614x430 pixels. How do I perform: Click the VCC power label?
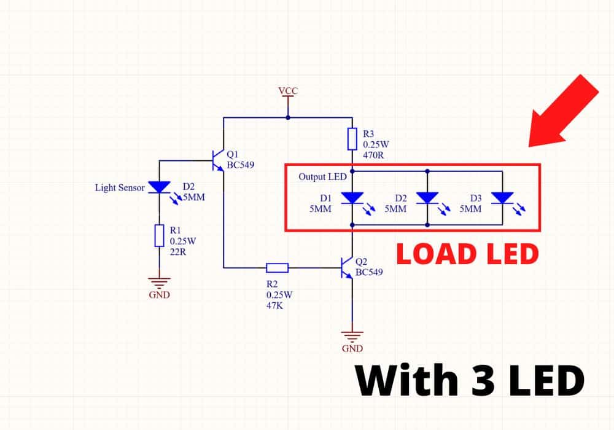[288, 91]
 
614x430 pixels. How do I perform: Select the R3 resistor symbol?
[352, 139]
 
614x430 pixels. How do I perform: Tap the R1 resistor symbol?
[159, 236]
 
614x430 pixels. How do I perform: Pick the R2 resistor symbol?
[277, 267]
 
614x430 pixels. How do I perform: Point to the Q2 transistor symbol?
[348, 267]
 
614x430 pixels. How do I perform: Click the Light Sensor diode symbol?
[159, 187]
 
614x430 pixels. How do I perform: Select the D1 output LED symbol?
[352, 198]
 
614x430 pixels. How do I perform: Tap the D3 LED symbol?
[503, 198]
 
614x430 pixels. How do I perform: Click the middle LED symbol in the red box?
[427, 198]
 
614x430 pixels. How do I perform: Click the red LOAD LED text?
[467, 253]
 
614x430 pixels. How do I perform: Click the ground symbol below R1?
[159, 283]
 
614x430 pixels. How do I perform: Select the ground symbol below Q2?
[352, 337]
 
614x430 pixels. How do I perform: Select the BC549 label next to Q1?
[241, 165]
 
